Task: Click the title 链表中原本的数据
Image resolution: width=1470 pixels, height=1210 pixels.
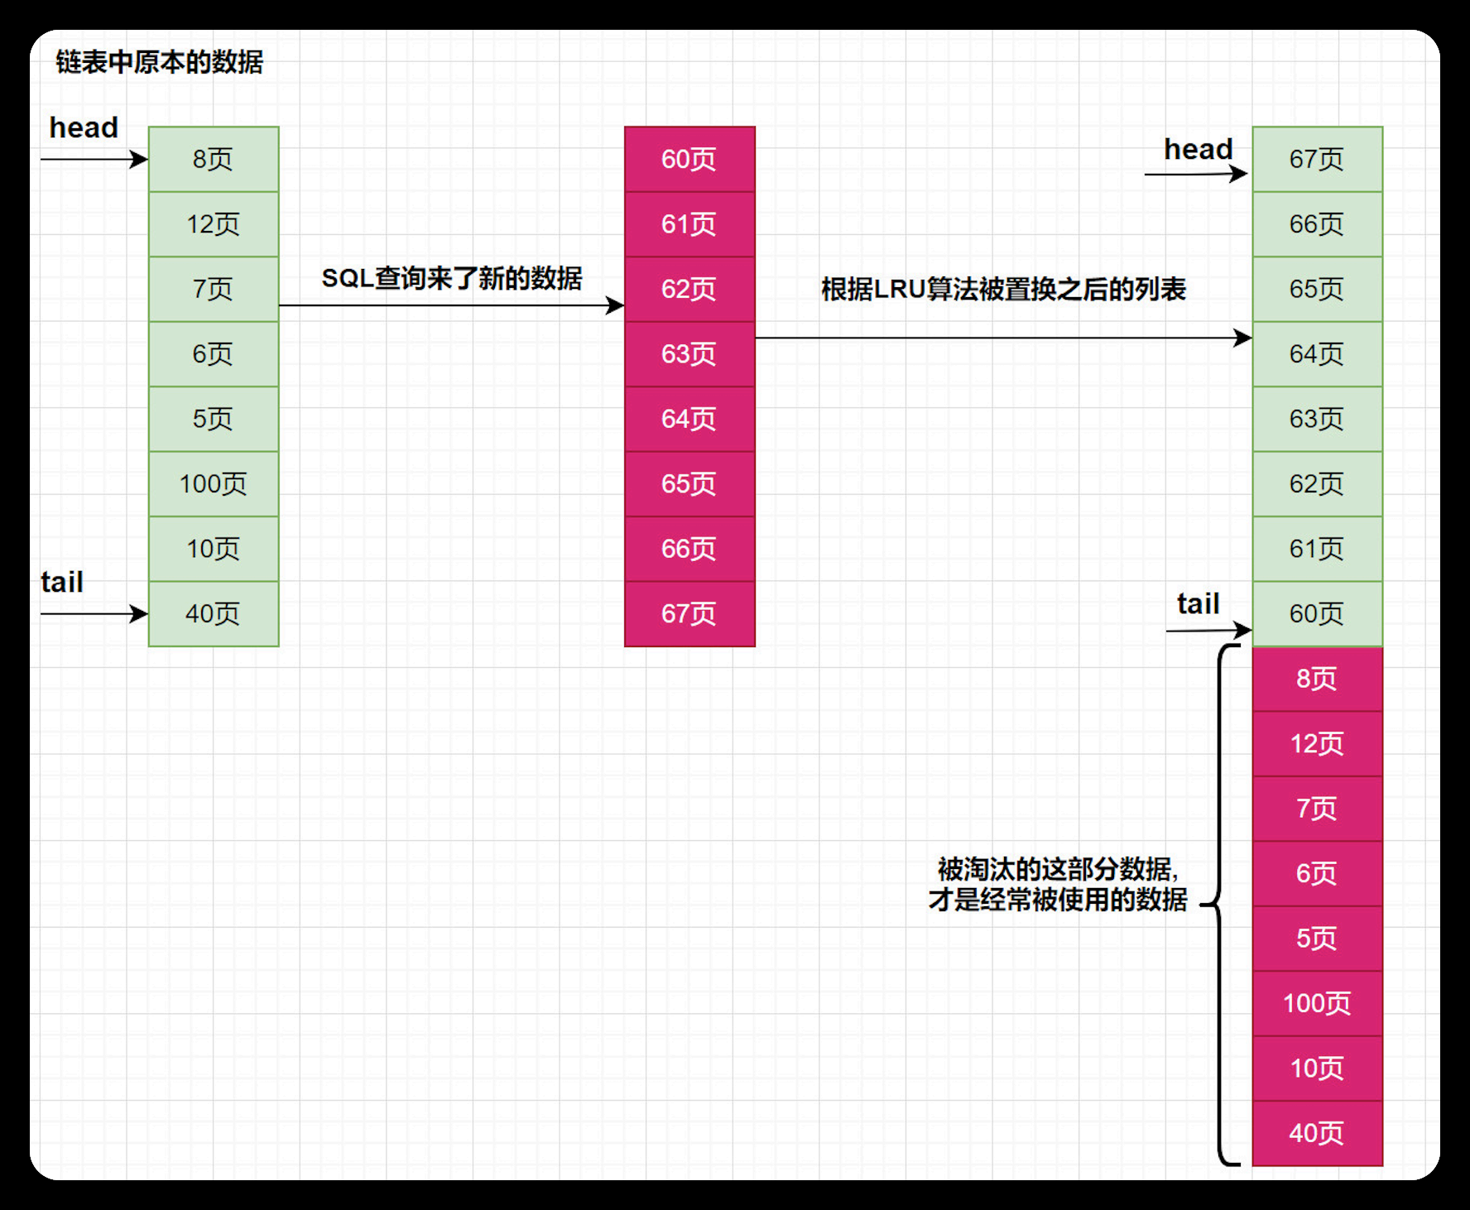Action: tap(159, 62)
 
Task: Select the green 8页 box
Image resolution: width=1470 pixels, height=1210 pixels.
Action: tap(214, 159)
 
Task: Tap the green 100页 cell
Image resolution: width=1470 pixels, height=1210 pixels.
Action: tap(214, 483)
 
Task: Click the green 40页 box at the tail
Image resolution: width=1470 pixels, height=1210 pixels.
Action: tap(214, 613)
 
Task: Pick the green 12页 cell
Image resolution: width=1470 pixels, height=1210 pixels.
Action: tap(214, 223)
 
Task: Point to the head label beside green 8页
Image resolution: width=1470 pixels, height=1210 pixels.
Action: tap(84, 127)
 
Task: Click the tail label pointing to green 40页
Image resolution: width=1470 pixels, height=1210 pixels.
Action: tap(62, 582)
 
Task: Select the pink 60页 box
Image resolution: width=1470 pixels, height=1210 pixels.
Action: tap(689, 159)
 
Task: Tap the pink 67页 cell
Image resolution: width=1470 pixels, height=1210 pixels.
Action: tap(689, 613)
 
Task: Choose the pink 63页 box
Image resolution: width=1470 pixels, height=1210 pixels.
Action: tap(689, 353)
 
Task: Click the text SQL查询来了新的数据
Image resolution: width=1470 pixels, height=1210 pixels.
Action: tap(452, 278)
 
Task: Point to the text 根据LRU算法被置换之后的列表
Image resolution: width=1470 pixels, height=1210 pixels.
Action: tap(1003, 289)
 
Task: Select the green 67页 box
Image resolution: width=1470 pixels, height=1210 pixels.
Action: tap(1317, 159)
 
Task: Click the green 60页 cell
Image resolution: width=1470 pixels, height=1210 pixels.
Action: tap(1317, 613)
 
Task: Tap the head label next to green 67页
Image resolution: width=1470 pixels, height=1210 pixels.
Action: tap(1198, 149)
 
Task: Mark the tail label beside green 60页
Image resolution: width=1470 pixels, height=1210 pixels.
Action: tap(1198, 603)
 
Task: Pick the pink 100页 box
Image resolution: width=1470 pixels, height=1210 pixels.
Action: tap(1317, 1003)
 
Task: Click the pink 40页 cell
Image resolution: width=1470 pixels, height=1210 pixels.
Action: tap(1317, 1133)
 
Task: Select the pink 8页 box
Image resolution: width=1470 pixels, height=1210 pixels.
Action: tap(1317, 679)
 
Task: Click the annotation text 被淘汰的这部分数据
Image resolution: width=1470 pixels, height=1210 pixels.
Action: tap(1058, 869)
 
